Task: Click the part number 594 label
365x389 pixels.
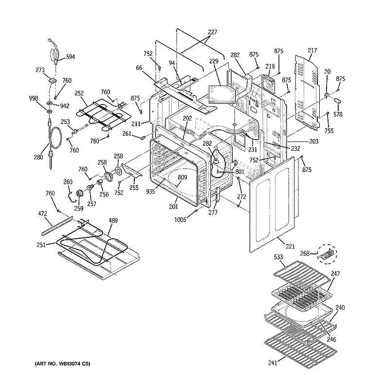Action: tap(71, 57)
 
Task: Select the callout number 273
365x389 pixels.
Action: tap(40, 70)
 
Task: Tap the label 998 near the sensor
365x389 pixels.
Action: tap(33, 99)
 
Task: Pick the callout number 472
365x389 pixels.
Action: tap(43, 213)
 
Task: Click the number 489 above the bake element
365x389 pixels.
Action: tap(113, 221)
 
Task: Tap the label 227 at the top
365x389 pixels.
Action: tap(212, 33)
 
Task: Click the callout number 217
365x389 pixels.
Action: tap(312, 50)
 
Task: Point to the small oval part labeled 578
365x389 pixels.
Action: tap(335, 100)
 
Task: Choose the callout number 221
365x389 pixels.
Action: tap(290, 247)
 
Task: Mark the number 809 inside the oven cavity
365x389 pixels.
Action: tap(182, 177)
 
